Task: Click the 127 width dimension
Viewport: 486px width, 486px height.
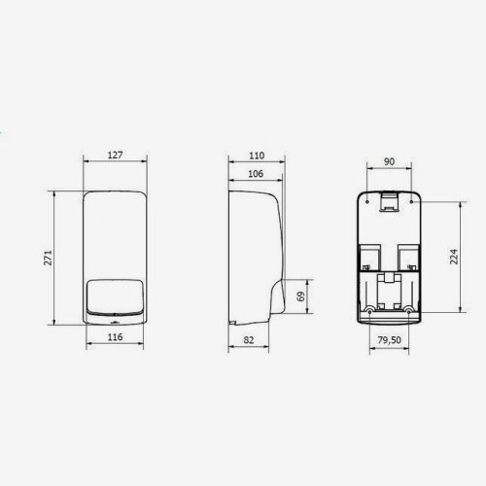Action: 115,155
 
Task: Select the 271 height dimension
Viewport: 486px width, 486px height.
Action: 48,258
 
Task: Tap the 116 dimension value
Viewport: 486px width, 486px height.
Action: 115,337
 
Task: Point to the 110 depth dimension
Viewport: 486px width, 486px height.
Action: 257,156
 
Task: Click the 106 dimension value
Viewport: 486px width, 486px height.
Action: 256,174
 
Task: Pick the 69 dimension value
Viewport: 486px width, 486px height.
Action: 301,296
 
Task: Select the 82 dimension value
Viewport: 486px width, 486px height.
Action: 249,340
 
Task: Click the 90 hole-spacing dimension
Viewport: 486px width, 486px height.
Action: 389,161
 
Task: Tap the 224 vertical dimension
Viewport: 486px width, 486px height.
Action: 454,257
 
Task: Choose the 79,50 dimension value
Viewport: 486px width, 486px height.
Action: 390,340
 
